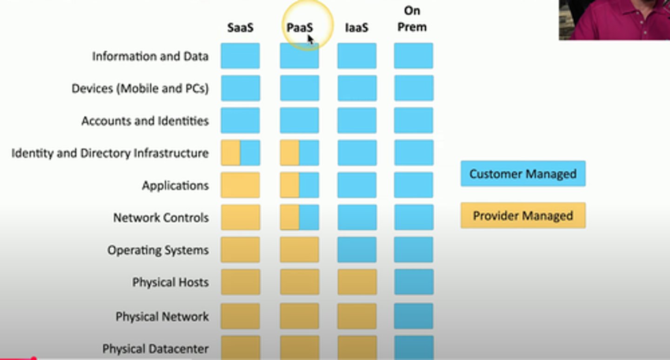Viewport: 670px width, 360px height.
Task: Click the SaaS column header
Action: (240, 28)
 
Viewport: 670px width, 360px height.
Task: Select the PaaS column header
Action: (299, 28)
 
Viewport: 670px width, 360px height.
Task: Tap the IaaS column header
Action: (356, 28)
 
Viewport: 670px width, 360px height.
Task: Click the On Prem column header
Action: (412, 20)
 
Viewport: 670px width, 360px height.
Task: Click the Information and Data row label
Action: (150, 56)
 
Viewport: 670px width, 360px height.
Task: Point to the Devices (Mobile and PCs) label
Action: (140, 88)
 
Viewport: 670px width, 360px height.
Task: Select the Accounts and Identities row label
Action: (145, 121)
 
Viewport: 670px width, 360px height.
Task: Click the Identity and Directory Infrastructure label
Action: (110, 153)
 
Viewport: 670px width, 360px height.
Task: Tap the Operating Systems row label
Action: (158, 250)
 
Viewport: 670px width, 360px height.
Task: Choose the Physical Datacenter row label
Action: (155, 348)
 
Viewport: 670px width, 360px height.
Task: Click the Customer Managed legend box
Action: (523, 174)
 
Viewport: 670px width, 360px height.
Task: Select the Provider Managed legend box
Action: (523, 215)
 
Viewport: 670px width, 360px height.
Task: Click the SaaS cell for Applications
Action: (240, 185)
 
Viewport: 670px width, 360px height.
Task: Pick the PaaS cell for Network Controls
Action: (299, 217)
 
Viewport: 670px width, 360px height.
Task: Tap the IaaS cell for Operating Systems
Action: (357, 250)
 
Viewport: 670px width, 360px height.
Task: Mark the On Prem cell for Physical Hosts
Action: (414, 282)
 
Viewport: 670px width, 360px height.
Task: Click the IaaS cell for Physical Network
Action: (357, 316)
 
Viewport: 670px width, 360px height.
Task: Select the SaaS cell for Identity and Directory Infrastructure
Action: (240, 153)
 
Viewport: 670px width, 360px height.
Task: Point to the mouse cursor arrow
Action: (310, 40)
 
